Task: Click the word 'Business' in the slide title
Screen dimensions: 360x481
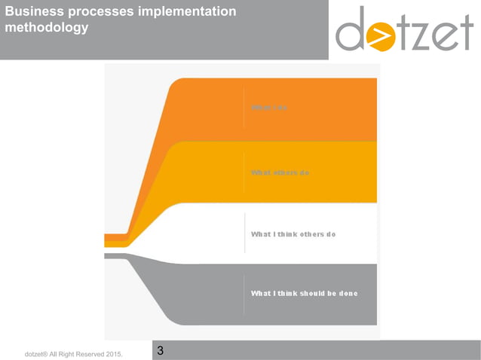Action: [34, 13]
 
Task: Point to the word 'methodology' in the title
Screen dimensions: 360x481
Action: [46, 28]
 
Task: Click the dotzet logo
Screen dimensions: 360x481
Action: [404, 29]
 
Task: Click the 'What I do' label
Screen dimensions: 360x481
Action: [269, 108]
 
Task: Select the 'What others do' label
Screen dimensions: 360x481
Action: [280, 173]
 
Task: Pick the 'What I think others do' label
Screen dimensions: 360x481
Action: [293, 234]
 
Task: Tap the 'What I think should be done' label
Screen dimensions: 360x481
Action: [304, 293]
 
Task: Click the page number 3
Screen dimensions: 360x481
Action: [161, 351]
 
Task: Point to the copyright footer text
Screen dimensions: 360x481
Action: [73, 353]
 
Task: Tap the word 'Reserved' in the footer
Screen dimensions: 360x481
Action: [90, 353]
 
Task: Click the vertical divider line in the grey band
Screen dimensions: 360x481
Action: [244, 294]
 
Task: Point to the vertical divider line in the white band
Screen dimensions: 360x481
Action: [244, 233]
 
